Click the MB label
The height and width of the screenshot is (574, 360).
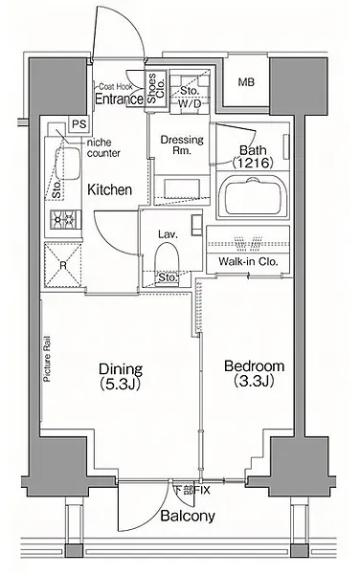click(x=246, y=82)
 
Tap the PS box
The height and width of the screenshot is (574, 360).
click(x=79, y=124)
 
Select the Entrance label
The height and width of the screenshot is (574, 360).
click(x=119, y=99)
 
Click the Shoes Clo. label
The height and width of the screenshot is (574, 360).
click(x=156, y=88)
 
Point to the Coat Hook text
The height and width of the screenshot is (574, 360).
click(x=115, y=87)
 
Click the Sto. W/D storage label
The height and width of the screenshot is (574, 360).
click(x=190, y=97)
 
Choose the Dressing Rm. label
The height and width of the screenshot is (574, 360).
click(x=182, y=144)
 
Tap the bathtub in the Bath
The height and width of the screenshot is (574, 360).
click(x=253, y=197)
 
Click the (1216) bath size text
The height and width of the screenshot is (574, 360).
click(x=253, y=163)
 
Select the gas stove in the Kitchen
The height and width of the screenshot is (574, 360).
click(x=63, y=219)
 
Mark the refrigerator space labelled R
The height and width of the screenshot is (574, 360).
click(x=63, y=264)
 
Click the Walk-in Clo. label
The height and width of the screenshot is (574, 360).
click(x=248, y=262)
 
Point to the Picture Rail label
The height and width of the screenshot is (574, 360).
click(x=47, y=359)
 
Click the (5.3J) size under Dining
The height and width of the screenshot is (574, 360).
click(x=120, y=384)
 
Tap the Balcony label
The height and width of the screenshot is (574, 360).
click(x=188, y=517)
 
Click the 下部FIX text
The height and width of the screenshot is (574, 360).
click(x=191, y=490)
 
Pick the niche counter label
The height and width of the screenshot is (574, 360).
click(x=103, y=148)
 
